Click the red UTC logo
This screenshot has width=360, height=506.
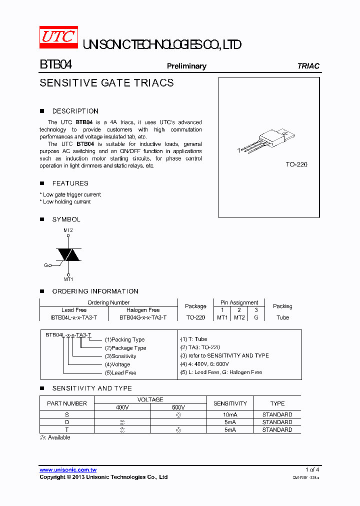pos(58,37)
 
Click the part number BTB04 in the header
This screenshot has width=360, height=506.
pos(56,65)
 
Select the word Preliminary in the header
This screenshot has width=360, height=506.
pos(186,66)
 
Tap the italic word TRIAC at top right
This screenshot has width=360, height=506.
pos(308,66)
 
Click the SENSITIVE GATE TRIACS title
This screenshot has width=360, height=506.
pos(106,83)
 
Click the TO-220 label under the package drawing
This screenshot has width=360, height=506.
pos(296,164)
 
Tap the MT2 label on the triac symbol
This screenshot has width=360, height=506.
pos(68,230)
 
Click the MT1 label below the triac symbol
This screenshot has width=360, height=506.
pos(68,279)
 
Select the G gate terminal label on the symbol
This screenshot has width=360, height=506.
pos(46,265)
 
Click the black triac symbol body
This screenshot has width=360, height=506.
pos(68,254)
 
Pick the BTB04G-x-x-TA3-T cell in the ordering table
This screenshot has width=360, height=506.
pos(143,317)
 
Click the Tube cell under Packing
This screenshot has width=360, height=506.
pos(282,317)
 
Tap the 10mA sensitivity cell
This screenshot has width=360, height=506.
pos(230,414)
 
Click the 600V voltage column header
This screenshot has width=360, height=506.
pos(178,407)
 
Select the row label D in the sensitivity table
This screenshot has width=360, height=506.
pos(67,422)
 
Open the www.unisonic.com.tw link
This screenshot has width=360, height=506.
pos(68,470)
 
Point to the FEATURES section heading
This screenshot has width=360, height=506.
pos(70,183)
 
